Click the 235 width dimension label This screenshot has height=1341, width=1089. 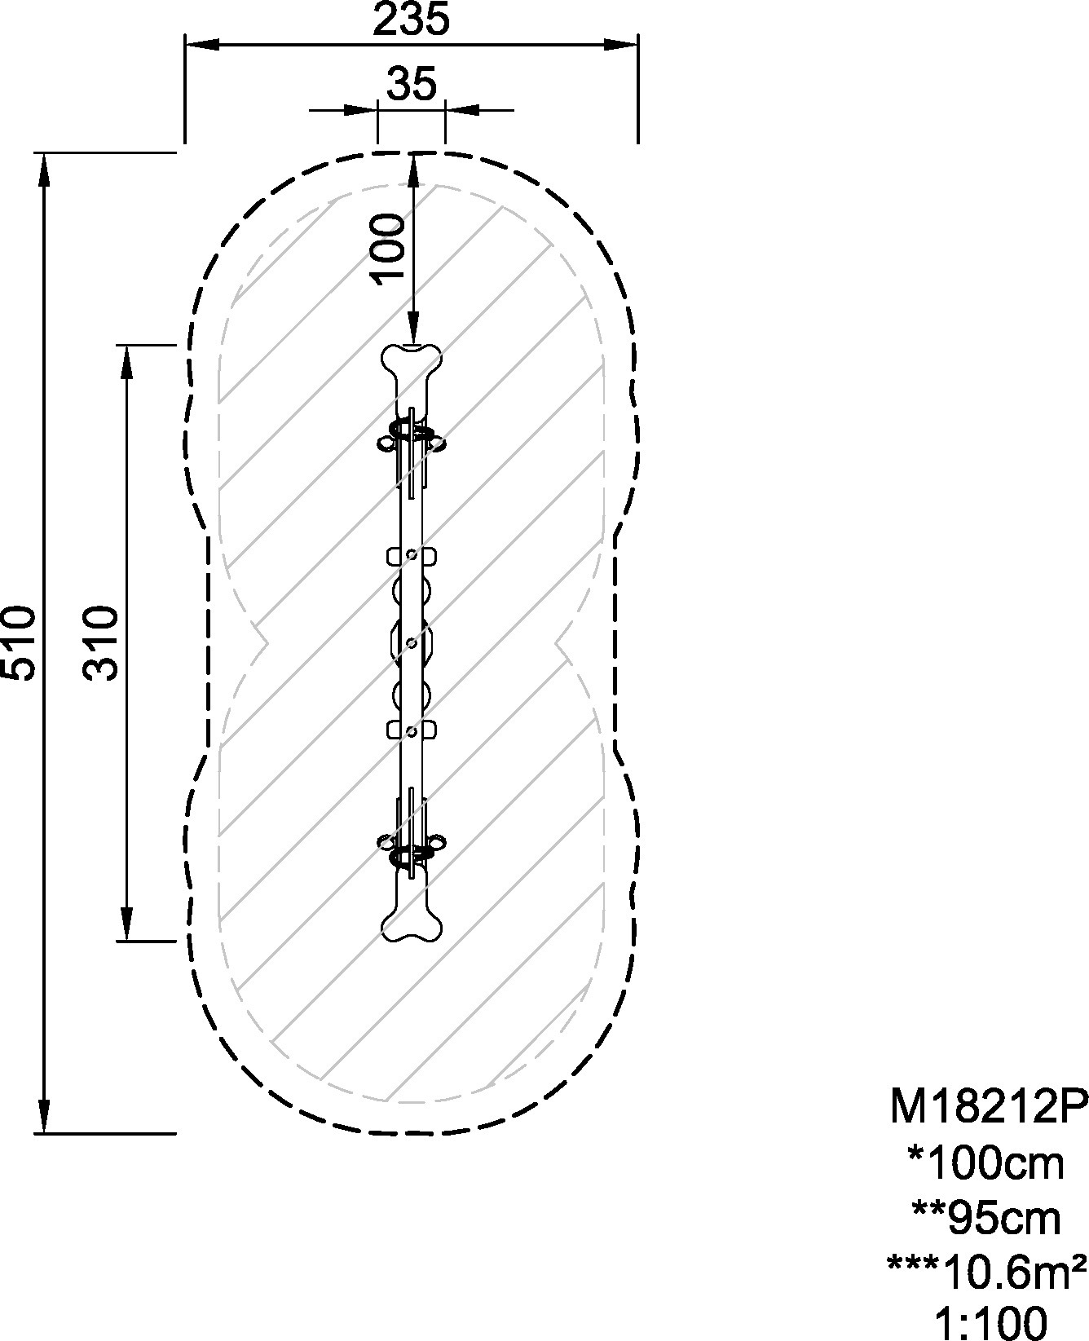click(411, 20)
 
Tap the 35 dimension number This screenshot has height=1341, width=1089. click(412, 84)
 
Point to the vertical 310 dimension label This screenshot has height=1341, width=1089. click(102, 642)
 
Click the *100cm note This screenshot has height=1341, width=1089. click(986, 1163)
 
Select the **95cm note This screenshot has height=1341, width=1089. click(986, 1220)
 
